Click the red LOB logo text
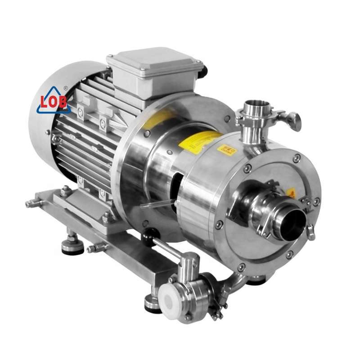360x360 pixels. [53, 101]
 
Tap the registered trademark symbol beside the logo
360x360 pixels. [66, 89]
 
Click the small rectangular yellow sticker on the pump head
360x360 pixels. [227, 149]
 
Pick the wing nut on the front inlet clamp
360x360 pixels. [311, 230]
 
